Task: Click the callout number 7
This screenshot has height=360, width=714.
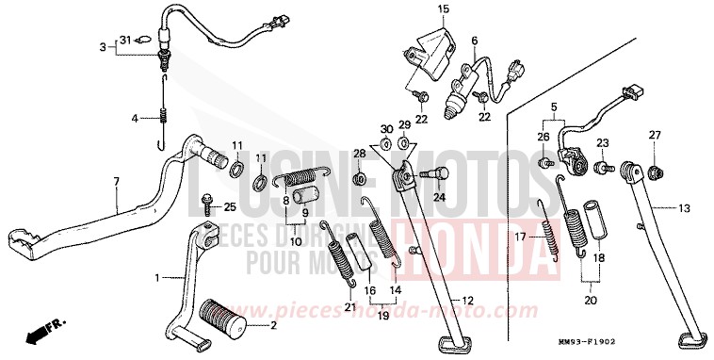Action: tap(117, 181)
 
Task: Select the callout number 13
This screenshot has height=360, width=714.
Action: tap(685, 208)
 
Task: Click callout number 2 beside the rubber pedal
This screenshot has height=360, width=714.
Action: tap(274, 326)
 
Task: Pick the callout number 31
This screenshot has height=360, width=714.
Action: tap(123, 40)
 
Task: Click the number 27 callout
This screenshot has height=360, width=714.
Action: tap(654, 136)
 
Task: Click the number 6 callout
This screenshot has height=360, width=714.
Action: tap(475, 41)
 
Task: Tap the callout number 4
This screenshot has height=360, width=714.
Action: tap(134, 119)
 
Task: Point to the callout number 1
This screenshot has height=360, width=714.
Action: tap(158, 278)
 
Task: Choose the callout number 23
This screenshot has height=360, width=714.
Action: tap(602, 142)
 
